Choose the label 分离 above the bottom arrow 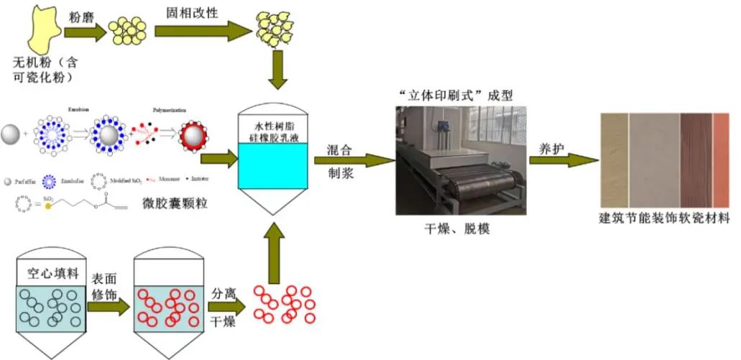pyautogui.click(x=225, y=294)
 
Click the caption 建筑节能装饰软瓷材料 pyautogui.click(x=664, y=218)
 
